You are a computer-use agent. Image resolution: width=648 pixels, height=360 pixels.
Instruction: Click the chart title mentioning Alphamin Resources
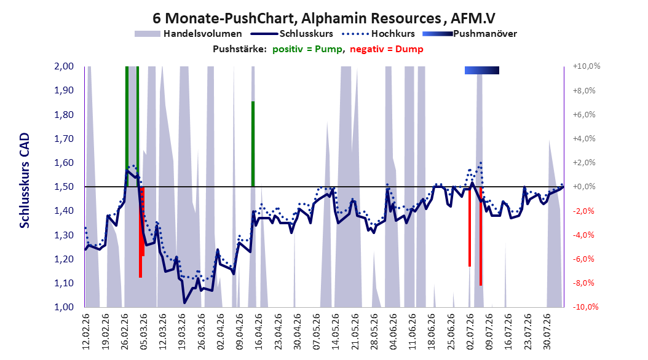323,18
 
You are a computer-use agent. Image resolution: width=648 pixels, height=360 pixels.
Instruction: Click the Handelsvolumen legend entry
188,34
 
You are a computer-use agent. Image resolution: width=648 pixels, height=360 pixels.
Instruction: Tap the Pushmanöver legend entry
470,34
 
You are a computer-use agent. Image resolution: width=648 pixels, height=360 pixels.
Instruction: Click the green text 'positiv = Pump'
307,49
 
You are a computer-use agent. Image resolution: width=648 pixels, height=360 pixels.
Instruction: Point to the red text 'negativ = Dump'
387,49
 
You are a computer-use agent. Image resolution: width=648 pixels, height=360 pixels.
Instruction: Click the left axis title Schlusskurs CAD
25,181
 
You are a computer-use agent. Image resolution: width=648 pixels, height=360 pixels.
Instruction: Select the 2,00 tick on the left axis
64,66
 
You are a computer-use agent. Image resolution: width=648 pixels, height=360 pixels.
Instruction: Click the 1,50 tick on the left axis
64,187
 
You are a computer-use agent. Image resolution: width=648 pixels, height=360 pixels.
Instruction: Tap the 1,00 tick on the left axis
64,307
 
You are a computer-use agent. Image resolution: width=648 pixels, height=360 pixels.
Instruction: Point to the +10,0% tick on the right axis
586,66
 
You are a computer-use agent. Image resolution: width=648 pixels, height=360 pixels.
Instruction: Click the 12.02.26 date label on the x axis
86,332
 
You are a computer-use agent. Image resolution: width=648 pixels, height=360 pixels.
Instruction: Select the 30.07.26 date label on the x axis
547,332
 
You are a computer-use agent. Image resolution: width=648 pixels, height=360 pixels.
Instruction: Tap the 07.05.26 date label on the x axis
317,332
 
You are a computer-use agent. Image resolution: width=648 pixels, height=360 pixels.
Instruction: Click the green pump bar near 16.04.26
253,144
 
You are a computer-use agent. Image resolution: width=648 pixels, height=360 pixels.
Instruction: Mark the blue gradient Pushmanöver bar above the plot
482,70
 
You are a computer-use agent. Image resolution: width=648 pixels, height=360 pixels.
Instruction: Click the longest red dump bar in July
481,236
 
